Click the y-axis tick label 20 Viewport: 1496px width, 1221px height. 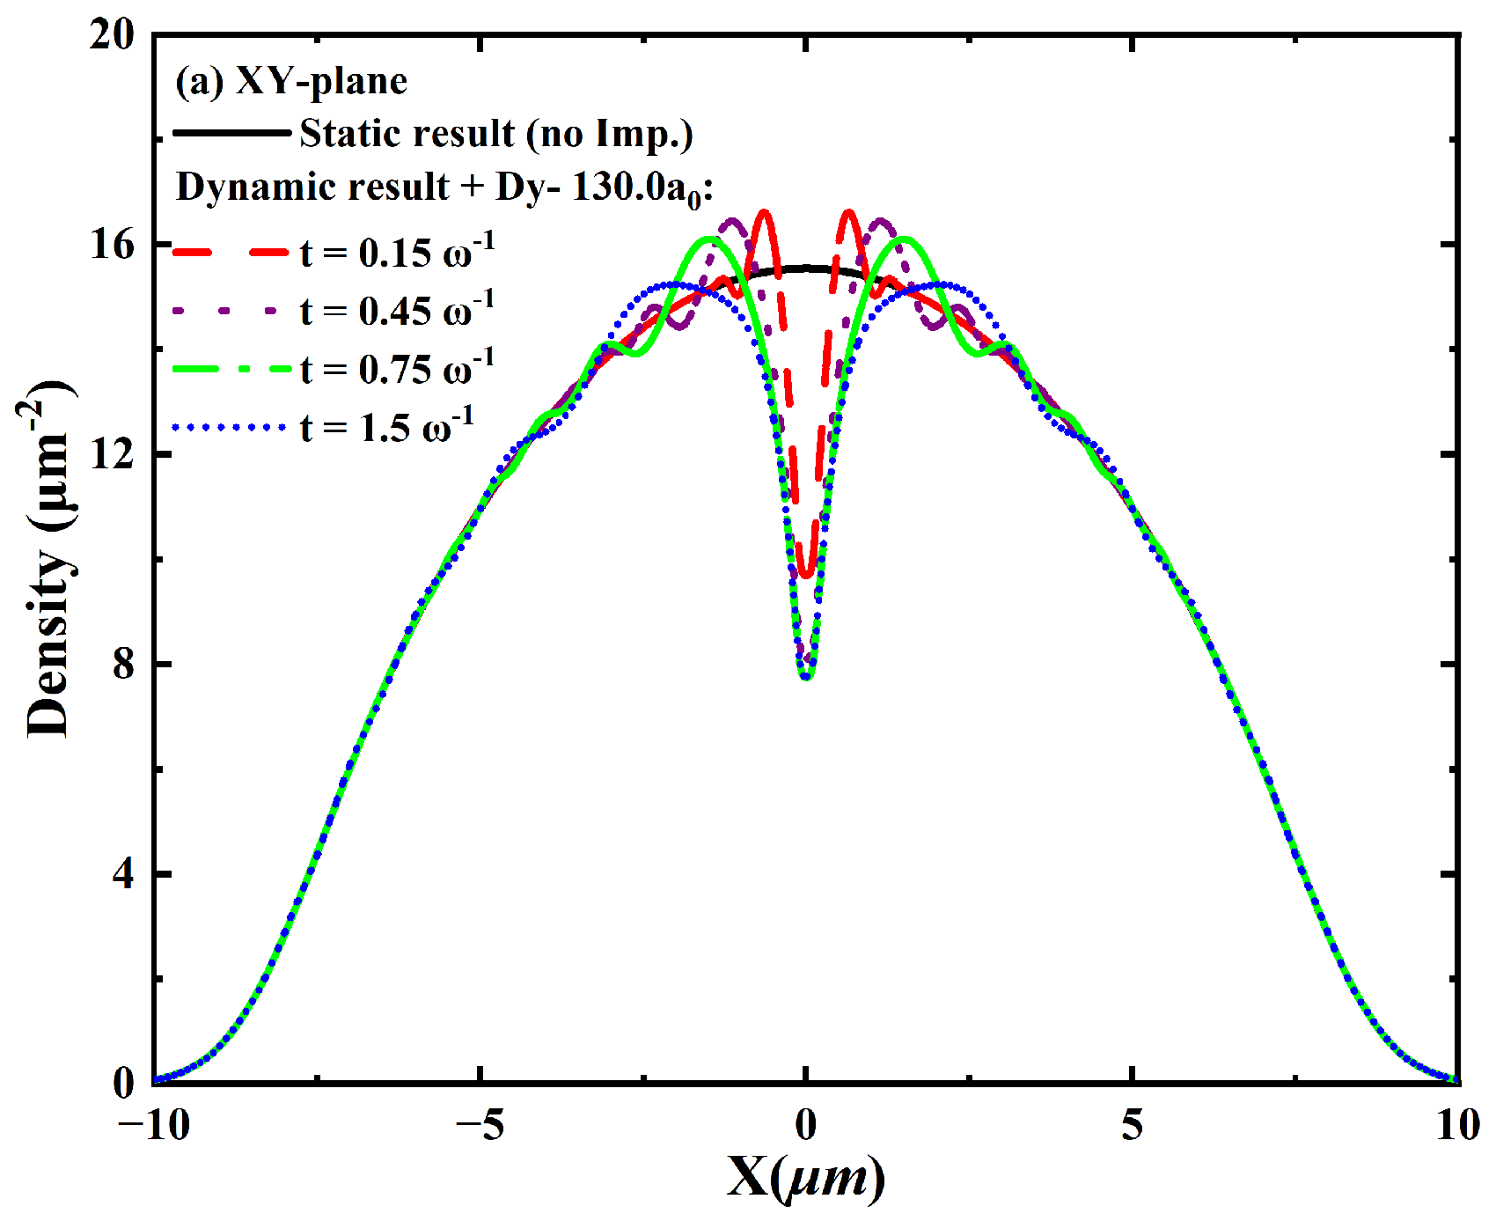click(112, 35)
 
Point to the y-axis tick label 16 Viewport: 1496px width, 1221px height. click(112, 245)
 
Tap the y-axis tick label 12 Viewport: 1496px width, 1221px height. click(112, 454)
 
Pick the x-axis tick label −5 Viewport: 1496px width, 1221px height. click(480, 1126)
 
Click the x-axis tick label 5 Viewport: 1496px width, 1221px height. click(1133, 1126)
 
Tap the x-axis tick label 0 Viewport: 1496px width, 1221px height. click(806, 1126)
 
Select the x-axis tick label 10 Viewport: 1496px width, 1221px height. click(1457, 1126)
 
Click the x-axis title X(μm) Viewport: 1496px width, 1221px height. click(806, 1177)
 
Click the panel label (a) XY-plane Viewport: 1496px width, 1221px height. click(291, 82)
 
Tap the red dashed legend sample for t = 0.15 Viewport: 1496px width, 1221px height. click(231, 254)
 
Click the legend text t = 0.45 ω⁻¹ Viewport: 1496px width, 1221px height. click(397, 310)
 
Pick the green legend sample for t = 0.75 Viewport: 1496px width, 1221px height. click(231, 370)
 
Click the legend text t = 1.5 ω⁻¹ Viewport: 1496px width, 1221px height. click(387, 427)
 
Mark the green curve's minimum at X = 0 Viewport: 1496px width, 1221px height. click(806, 676)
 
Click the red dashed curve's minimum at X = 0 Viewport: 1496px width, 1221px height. click(806, 576)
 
